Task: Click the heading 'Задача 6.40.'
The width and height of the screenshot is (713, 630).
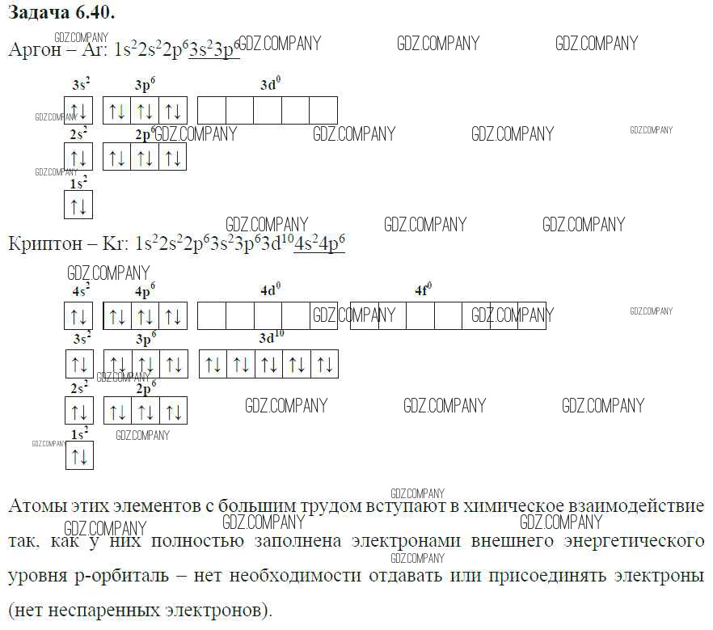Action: [x=61, y=13]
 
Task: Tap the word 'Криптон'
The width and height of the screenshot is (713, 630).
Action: [x=44, y=243]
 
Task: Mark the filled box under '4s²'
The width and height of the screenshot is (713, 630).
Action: [x=79, y=316]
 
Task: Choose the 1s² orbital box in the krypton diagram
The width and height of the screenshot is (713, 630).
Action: [x=79, y=456]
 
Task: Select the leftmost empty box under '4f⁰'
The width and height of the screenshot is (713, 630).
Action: [x=365, y=315]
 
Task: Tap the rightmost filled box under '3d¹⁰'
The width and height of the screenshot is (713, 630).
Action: [x=324, y=364]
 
